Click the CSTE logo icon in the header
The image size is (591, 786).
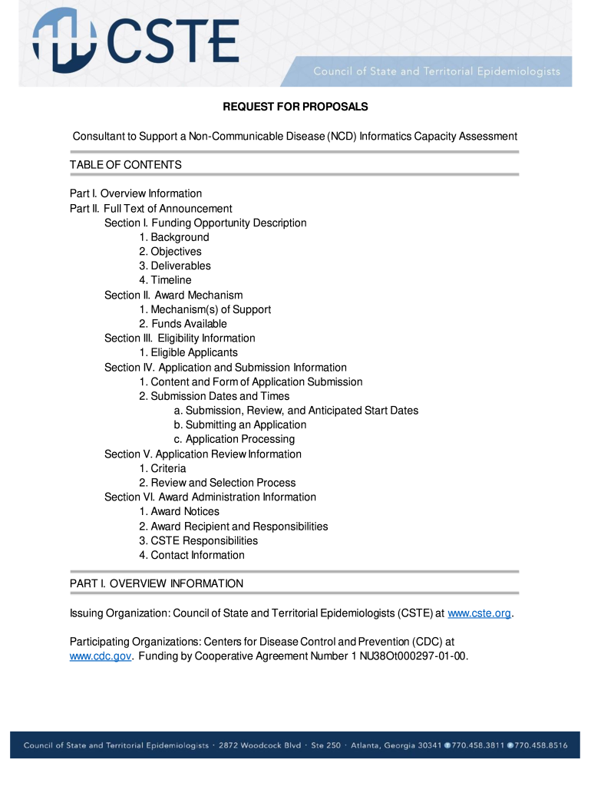(64, 42)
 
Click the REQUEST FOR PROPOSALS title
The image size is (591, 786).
(295, 107)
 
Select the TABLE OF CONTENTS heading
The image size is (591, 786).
(126, 165)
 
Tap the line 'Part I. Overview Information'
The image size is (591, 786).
(136, 193)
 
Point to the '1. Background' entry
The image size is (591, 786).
(174, 237)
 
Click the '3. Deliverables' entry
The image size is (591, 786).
(175, 266)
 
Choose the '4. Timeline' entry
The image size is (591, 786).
(166, 280)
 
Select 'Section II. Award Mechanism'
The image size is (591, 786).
(173, 295)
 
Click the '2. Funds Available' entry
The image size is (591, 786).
(183, 324)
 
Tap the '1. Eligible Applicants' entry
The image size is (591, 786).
(189, 352)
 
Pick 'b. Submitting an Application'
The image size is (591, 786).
(240, 424)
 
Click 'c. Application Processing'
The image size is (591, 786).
(234, 439)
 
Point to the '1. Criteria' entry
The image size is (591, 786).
(163, 468)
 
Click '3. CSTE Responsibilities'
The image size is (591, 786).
(199, 540)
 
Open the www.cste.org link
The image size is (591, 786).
(479, 613)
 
